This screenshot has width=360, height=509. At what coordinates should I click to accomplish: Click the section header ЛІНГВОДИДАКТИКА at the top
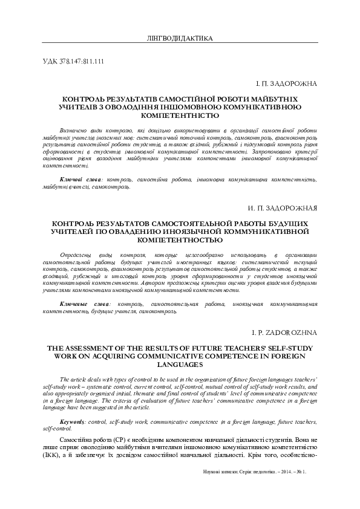point(180,39)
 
